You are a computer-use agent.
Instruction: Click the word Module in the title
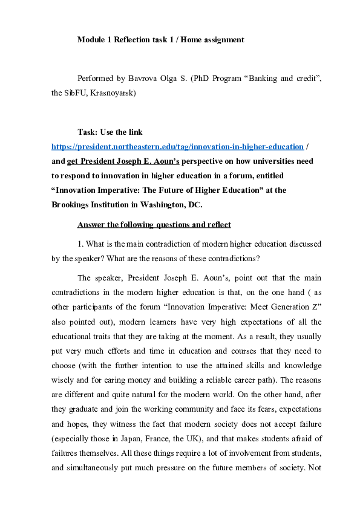[91, 40]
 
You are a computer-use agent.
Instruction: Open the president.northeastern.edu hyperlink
[177, 146]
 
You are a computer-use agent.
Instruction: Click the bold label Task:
[88, 131]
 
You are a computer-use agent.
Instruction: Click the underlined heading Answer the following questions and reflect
[154, 225]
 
